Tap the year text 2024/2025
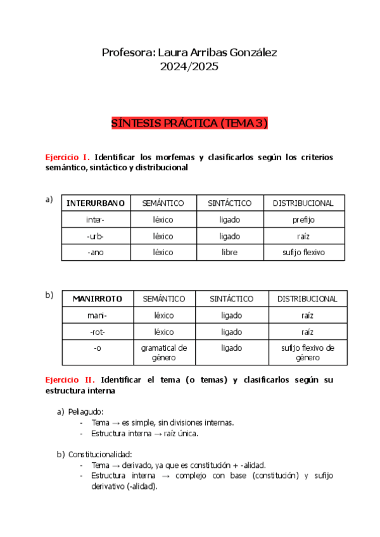(x=190, y=66)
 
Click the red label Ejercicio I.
(x=67, y=157)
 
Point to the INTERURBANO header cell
(x=96, y=203)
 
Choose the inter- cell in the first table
(x=96, y=220)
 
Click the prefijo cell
(x=303, y=220)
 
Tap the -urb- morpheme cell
(x=96, y=236)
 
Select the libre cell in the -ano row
(x=229, y=252)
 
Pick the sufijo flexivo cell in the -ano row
(x=303, y=252)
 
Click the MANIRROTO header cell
(x=98, y=299)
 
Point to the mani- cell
(x=98, y=315)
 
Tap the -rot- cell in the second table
(x=98, y=331)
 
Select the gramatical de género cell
(x=163, y=353)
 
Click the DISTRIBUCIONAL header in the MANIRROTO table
(x=307, y=299)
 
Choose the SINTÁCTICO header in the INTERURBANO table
(x=229, y=203)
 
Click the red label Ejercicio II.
(x=70, y=380)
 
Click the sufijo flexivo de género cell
(x=307, y=353)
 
